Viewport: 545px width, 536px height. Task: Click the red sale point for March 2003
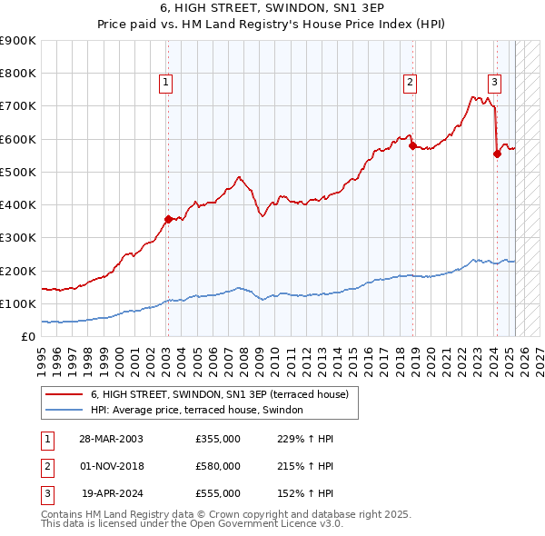coord(168,219)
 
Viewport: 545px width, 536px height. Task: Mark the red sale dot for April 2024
coord(497,154)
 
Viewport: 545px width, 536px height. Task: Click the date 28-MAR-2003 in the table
coord(111,439)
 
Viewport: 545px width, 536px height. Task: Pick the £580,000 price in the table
coord(218,466)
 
